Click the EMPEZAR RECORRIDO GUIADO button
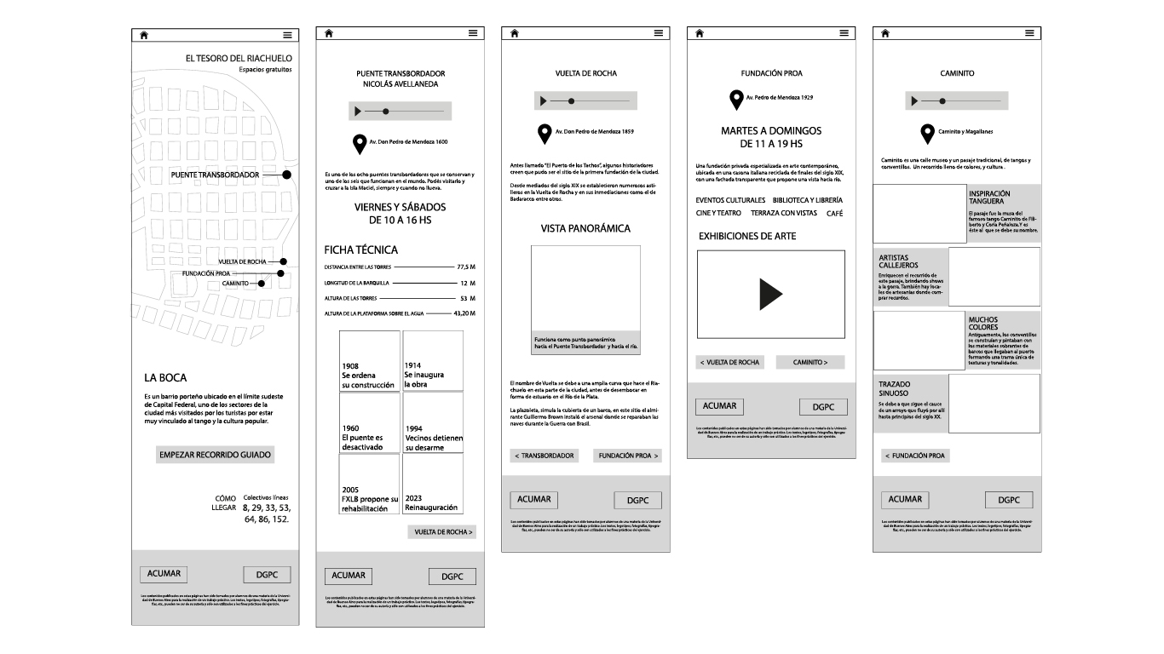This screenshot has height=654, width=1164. (216, 455)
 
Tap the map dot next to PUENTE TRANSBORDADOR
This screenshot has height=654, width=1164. (287, 175)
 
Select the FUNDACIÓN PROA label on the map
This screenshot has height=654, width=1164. (206, 273)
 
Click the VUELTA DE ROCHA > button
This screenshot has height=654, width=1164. (441, 532)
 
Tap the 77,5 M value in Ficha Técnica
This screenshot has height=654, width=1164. (465, 267)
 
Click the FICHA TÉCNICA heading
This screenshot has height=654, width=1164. (360, 250)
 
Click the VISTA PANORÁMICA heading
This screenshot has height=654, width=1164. (585, 228)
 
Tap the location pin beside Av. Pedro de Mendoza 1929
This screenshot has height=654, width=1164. (736, 100)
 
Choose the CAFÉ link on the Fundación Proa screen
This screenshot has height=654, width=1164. (834, 213)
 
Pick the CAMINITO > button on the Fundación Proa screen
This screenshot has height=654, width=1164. (810, 362)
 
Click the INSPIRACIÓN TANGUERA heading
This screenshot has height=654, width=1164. (989, 198)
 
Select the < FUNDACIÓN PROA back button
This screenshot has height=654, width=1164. (915, 456)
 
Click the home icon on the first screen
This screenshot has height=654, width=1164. (144, 35)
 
